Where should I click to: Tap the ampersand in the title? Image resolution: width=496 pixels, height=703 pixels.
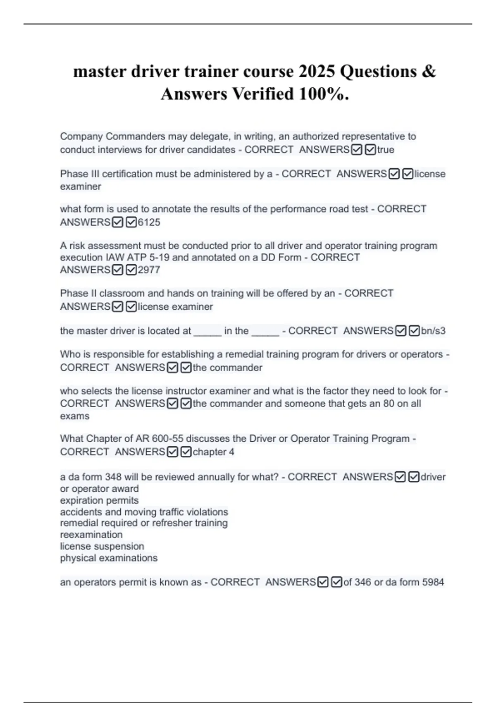(x=429, y=72)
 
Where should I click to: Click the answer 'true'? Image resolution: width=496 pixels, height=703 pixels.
(x=386, y=150)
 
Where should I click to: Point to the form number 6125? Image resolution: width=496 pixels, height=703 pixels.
(x=149, y=222)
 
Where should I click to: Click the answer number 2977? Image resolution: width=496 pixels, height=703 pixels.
(x=149, y=270)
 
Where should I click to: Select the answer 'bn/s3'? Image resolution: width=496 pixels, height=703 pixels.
(x=433, y=331)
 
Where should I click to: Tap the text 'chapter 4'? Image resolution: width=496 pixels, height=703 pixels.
(x=213, y=452)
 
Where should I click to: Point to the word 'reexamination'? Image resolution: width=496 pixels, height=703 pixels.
(x=91, y=535)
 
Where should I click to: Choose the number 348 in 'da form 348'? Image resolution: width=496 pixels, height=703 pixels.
(x=113, y=477)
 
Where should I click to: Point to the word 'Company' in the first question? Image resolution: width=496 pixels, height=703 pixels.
(x=81, y=136)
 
